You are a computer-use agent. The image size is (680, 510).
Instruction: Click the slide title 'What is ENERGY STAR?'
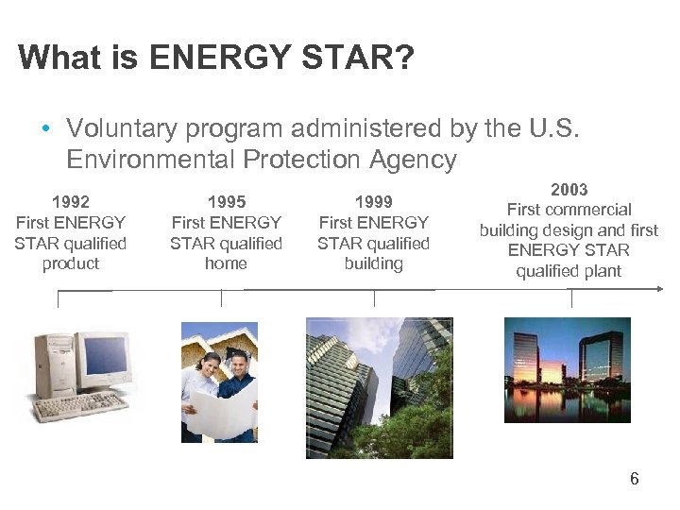[216, 58]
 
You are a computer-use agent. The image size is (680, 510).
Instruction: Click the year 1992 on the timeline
[71, 201]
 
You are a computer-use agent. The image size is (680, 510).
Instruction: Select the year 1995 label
[226, 201]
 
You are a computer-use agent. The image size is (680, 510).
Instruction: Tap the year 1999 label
[373, 201]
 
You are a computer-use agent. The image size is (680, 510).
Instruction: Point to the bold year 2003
[569, 189]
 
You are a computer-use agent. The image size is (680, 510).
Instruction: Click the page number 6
[634, 479]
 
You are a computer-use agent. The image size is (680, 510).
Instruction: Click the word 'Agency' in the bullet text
[412, 160]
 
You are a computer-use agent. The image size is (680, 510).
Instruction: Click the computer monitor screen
[103, 357]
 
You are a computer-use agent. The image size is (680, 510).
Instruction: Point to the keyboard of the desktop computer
[80, 406]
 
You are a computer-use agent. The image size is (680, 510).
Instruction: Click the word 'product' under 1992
[71, 263]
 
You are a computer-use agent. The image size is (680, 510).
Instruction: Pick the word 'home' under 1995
[226, 263]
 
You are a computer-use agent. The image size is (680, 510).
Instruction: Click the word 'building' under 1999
[373, 263]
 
